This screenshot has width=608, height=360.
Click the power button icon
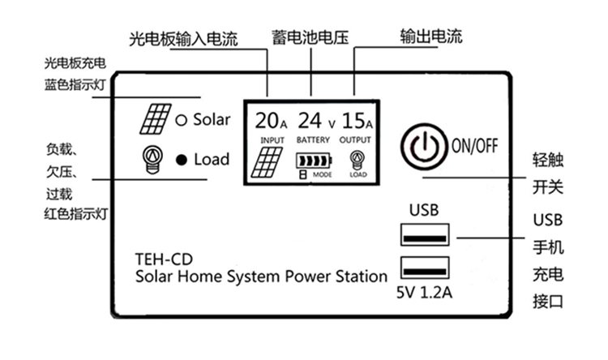tap(423, 146)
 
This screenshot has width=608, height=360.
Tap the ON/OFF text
tap(474, 146)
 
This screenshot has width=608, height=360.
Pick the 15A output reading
tap(357, 122)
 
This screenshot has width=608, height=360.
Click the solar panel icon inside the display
tap(266, 162)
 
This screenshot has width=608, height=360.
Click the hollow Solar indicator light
tap(182, 121)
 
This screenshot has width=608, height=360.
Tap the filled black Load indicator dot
tap(182, 160)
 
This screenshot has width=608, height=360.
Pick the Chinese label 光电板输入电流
tap(184, 39)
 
